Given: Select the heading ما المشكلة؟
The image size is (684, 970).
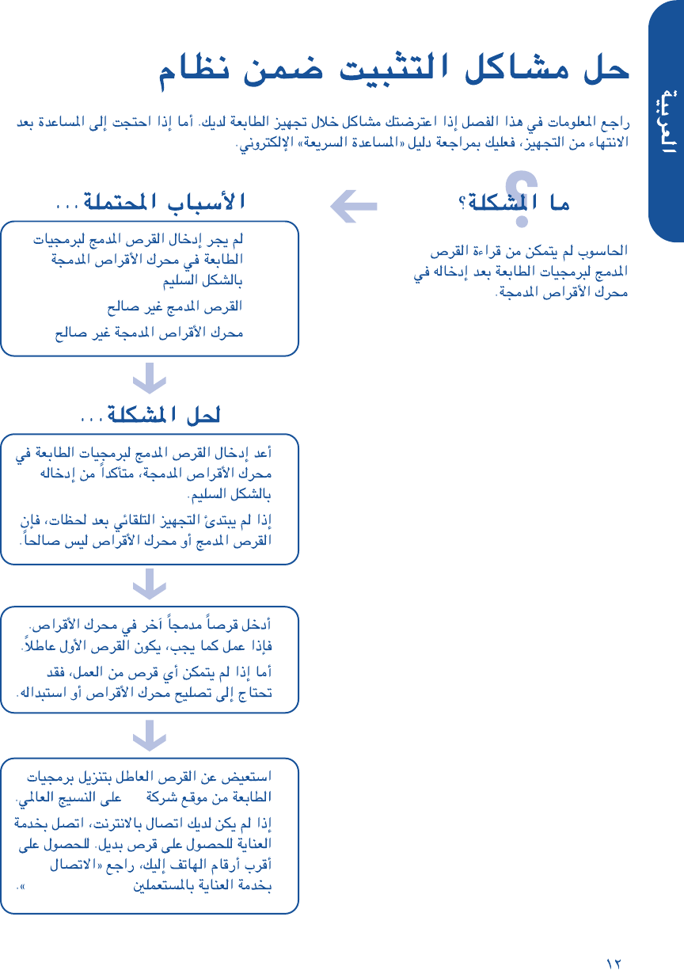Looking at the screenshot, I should click(515, 204).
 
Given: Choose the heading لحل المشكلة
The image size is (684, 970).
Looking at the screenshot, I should click(150, 414).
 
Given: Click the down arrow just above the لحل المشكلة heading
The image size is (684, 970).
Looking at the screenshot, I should click(149, 378).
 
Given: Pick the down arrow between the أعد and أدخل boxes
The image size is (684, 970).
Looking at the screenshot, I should click(149, 585).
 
